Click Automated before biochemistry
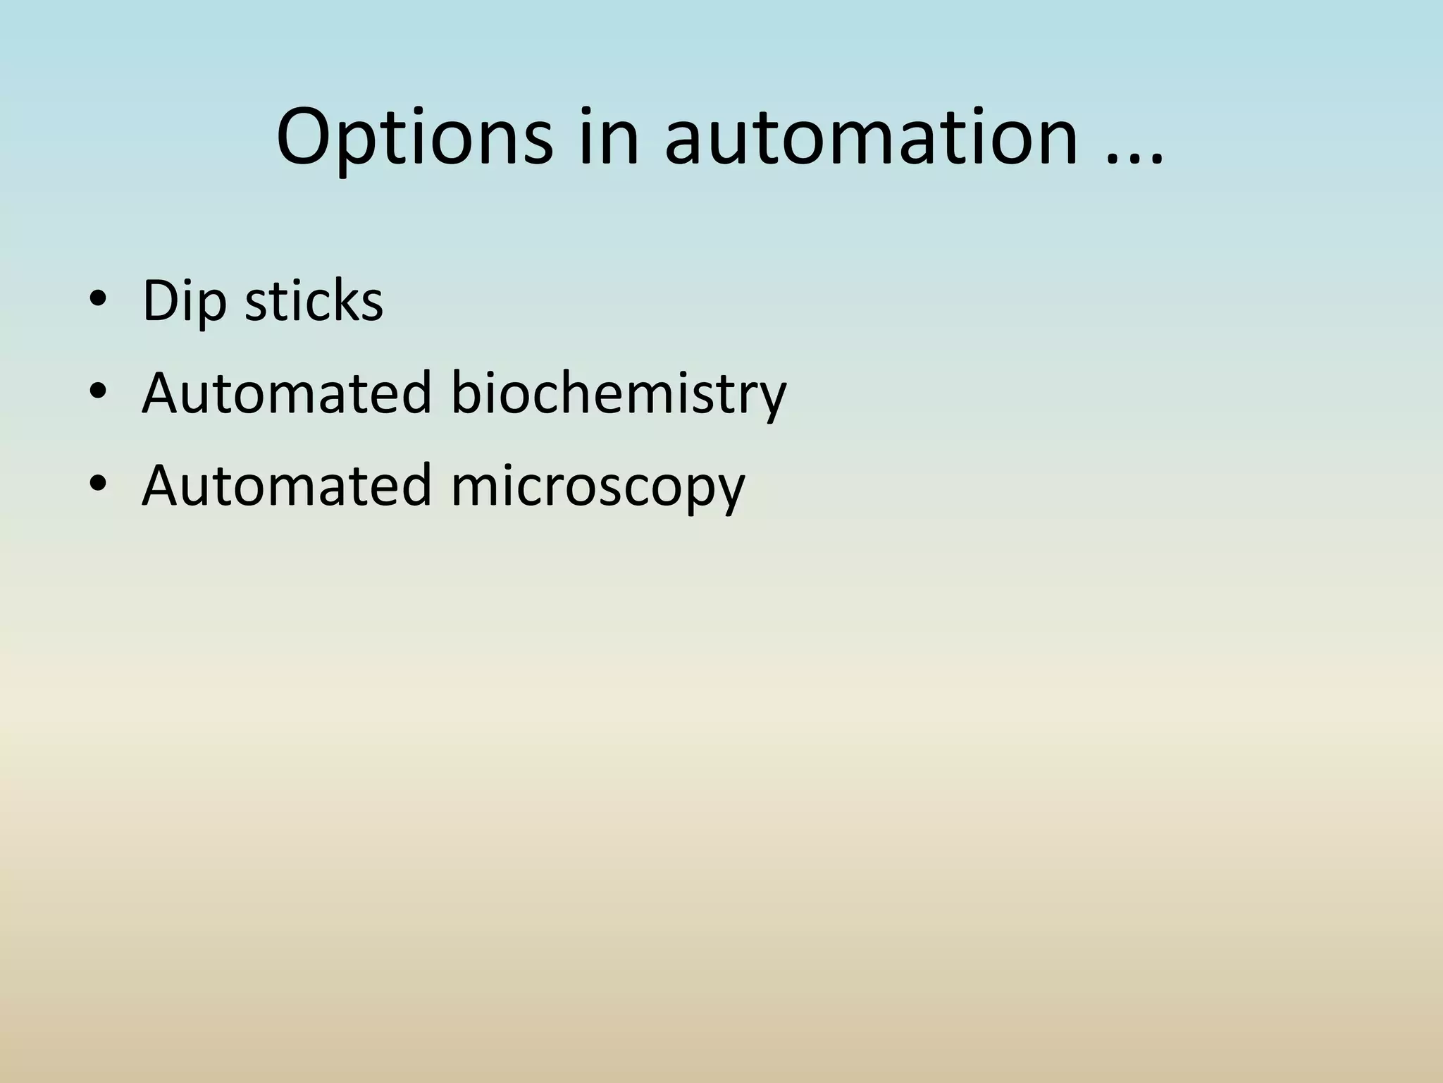pyautogui.click(x=286, y=393)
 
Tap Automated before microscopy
pyautogui.click(x=286, y=485)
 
